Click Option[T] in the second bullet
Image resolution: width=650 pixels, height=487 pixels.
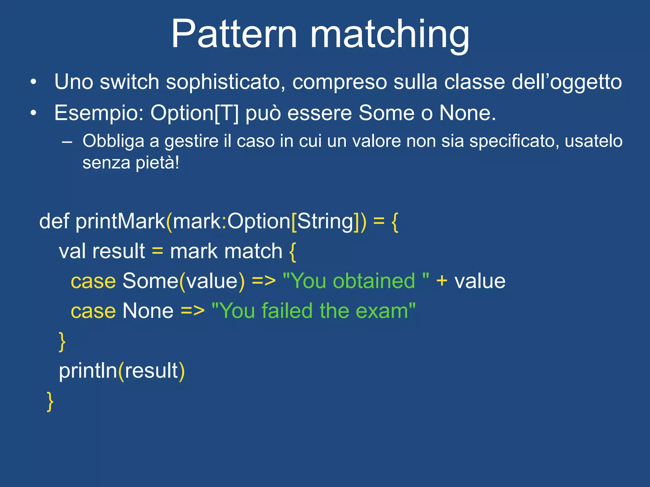tap(194, 113)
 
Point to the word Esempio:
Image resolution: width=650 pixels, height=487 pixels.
tap(99, 114)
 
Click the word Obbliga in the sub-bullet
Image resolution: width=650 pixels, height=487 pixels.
tap(113, 141)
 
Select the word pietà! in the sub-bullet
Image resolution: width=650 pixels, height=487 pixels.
tap(157, 163)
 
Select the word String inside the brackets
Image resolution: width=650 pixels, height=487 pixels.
tap(325, 221)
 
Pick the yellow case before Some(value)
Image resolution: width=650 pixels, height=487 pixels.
tap(93, 281)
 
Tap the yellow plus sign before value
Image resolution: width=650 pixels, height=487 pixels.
tap(441, 281)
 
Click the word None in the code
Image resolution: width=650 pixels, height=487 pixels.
tap(148, 311)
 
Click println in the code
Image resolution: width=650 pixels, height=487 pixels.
tap(88, 371)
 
